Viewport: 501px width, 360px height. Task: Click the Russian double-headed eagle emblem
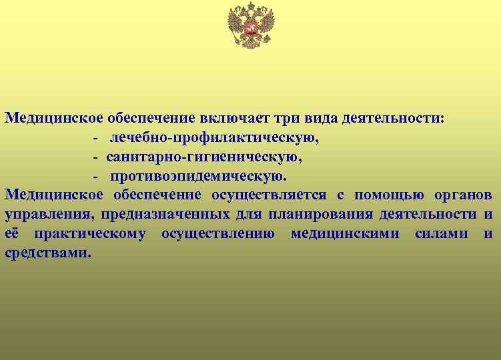251,25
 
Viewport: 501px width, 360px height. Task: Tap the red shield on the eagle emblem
251,28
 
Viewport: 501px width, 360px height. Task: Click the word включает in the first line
229,119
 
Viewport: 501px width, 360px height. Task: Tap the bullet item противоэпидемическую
199,177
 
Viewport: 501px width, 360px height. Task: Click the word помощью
380,195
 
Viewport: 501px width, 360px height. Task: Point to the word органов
461,195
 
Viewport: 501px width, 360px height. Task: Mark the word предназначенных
165,215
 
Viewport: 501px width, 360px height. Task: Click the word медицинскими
346,233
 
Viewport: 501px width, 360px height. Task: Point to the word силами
441,233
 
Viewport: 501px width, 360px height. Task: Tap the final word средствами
46,253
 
